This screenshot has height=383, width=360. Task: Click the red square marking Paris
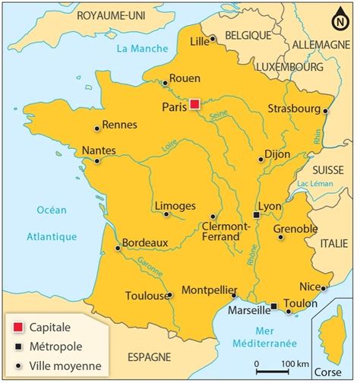point(195,104)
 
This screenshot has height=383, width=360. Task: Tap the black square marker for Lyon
point(257,215)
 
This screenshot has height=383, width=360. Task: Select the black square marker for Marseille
point(273,306)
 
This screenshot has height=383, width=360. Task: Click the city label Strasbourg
point(294,109)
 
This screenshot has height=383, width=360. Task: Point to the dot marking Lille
point(213,39)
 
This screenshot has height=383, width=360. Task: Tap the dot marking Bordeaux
point(118,248)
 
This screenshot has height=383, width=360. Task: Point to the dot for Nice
point(324,287)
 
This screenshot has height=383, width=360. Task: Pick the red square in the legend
point(17,327)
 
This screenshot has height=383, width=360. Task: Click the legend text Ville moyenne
point(64,366)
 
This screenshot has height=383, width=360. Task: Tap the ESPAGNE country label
point(149,356)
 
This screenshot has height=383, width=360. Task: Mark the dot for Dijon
point(261,159)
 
